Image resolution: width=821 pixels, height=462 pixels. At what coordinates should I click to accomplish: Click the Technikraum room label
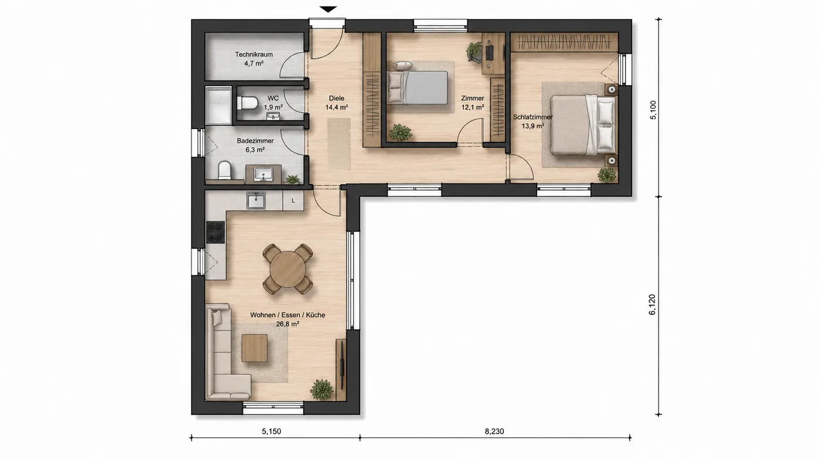(253, 55)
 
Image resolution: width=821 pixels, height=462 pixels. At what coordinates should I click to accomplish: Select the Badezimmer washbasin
(263, 174)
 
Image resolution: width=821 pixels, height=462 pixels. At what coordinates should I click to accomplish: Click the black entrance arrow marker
(328, 9)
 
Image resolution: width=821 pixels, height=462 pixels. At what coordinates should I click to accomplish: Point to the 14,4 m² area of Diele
(337, 107)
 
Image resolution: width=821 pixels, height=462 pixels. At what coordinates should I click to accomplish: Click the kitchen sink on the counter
(256, 201)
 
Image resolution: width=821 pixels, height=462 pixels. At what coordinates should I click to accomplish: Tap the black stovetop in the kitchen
(215, 232)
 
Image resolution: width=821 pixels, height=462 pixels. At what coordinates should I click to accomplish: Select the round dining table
(288, 269)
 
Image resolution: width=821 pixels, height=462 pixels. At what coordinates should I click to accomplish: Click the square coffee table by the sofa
(255, 348)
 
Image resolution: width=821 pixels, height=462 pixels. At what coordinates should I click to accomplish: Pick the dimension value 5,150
(271, 432)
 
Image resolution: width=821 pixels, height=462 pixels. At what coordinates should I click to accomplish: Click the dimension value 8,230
(494, 432)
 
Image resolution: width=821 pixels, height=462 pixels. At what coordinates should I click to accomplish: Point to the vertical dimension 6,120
(652, 304)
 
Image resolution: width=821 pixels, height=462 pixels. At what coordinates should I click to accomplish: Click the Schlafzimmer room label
(532, 117)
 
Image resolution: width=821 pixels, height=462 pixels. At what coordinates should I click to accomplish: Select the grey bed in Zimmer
(418, 87)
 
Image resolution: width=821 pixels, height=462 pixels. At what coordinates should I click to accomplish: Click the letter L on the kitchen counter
(293, 201)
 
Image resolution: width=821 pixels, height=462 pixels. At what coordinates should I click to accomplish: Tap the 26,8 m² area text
(287, 324)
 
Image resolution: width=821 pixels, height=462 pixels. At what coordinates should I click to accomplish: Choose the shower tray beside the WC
(218, 106)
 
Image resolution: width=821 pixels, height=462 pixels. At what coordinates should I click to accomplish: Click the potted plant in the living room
(322, 389)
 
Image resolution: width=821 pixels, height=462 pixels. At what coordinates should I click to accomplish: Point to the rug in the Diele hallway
(339, 144)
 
